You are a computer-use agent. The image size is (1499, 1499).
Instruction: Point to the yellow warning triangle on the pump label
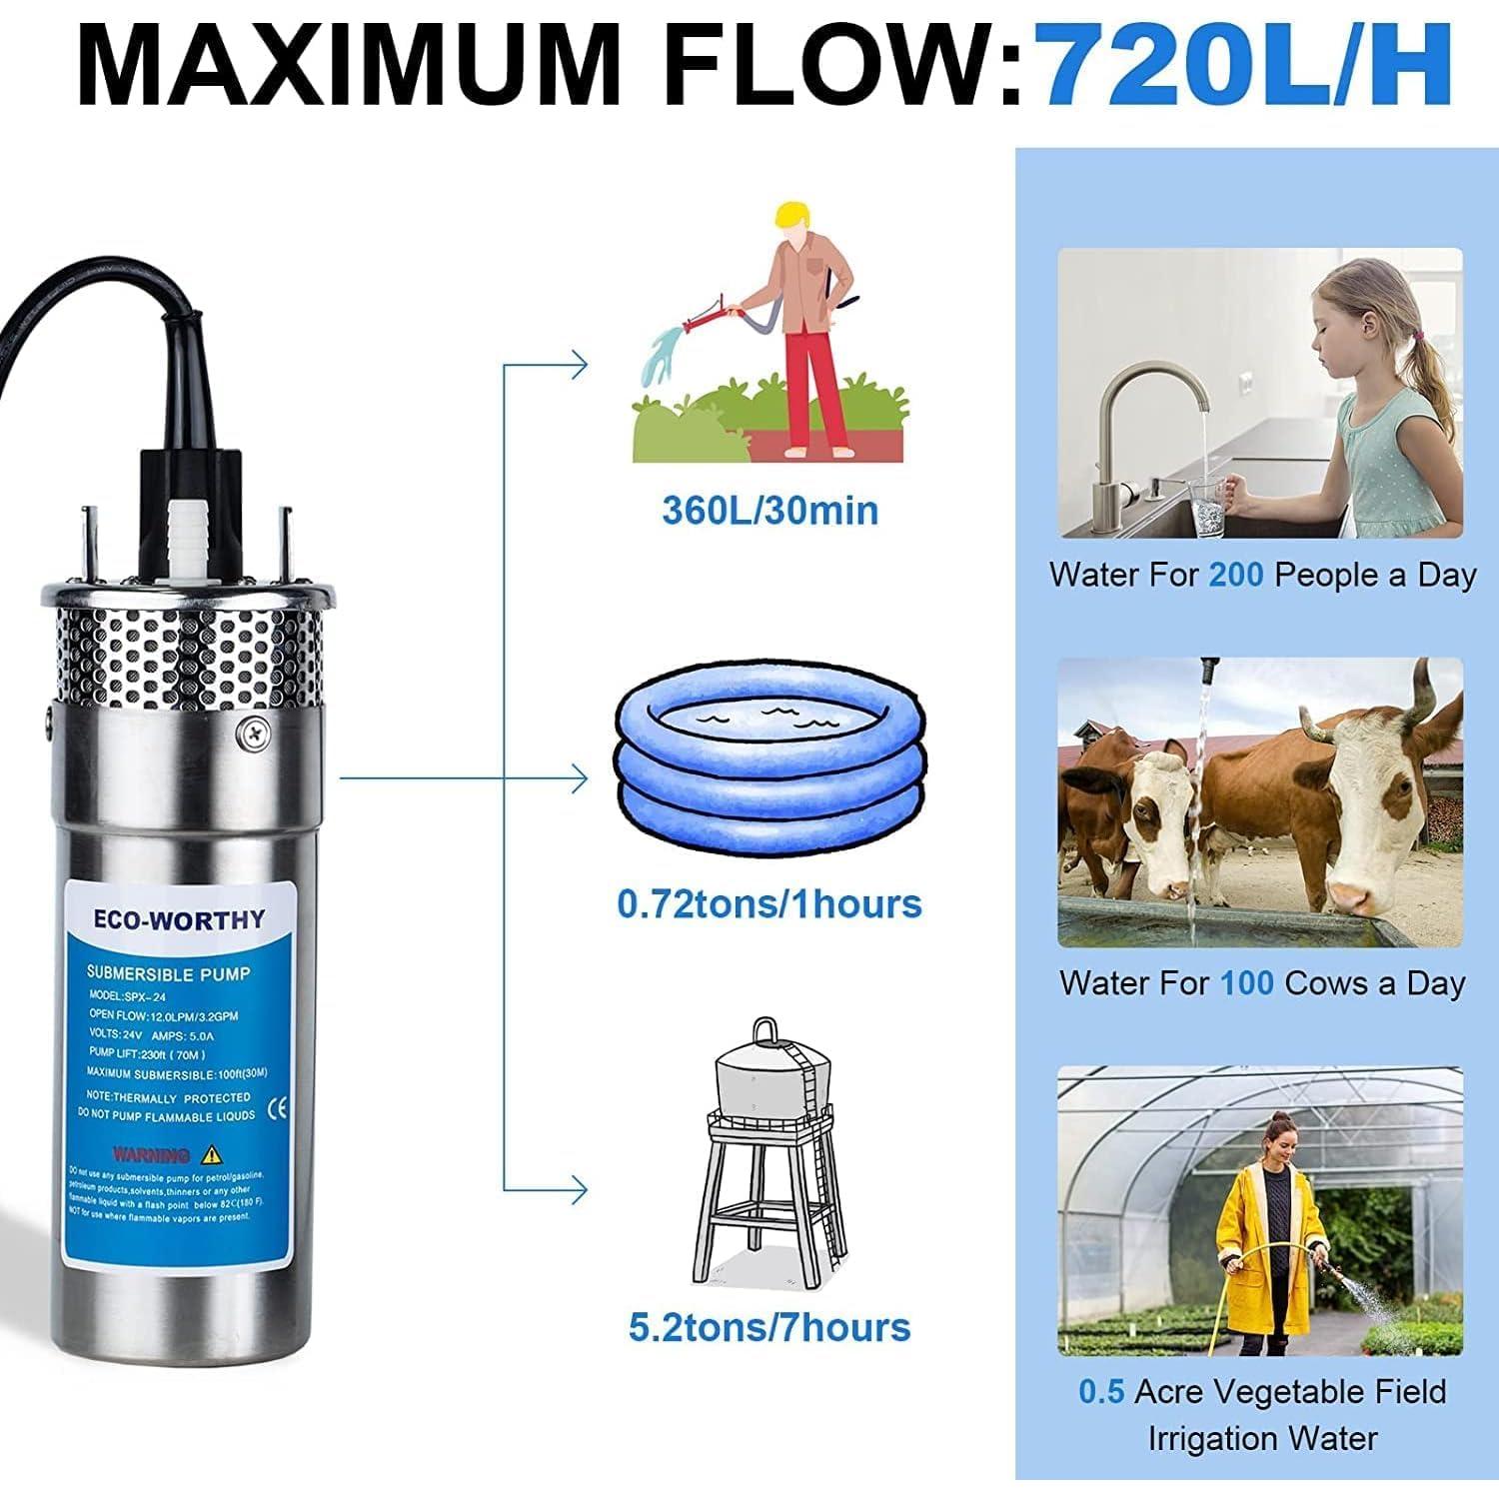[211, 1155]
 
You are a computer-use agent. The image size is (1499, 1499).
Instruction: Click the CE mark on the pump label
[280, 1106]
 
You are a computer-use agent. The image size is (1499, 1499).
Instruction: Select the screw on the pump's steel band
[252, 735]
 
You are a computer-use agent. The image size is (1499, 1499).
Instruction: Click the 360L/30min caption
[769, 511]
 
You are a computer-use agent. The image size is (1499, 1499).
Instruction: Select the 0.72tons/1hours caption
[768, 903]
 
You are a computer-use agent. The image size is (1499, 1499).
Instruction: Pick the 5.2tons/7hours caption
[769, 1327]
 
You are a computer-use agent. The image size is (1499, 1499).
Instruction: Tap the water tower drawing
[767, 1149]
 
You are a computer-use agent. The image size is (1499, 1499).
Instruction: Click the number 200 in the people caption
[1236, 575]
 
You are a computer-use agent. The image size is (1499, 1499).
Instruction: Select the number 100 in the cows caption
[1246, 983]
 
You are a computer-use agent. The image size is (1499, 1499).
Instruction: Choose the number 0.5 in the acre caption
[1101, 1391]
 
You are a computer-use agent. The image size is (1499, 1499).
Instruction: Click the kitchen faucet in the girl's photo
[1149, 420]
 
